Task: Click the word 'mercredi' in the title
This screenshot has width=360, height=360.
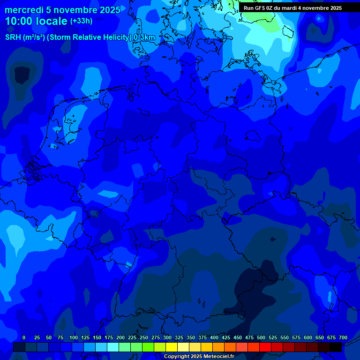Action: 23,10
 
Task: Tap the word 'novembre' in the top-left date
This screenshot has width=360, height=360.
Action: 73,10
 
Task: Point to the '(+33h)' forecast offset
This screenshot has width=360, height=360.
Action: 81,21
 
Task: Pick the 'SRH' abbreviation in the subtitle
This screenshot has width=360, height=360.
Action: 13,37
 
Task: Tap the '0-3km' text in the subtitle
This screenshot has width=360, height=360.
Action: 144,37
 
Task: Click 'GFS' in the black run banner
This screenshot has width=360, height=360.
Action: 260,8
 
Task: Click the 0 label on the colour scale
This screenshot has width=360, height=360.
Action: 24,337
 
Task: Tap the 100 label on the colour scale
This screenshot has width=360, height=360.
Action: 74,337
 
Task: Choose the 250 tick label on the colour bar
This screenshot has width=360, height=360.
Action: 144,337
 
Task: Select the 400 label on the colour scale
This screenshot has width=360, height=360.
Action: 214,337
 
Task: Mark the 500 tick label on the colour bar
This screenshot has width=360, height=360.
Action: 261,337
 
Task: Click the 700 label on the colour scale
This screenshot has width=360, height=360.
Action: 343,337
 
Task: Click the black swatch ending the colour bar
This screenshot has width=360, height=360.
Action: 336,347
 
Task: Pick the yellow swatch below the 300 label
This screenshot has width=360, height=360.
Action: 172,347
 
